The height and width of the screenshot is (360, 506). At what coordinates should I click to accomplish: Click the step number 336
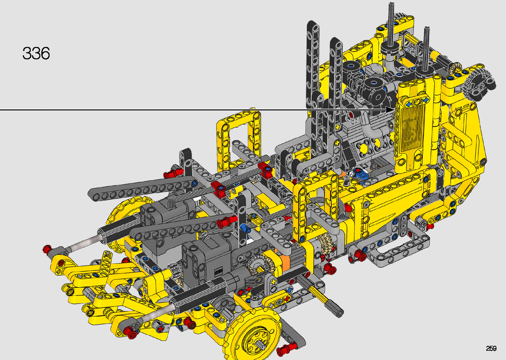coord(36,54)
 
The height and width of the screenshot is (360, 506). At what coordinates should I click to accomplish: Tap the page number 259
coord(491,348)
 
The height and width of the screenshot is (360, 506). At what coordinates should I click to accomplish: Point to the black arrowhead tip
coord(395,110)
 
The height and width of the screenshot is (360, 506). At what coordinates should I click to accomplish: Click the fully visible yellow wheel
coord(252,335)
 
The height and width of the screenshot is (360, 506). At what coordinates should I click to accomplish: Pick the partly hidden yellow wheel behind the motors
coord(122,217)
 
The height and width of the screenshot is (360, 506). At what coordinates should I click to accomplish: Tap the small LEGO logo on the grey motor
coord(218,271)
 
